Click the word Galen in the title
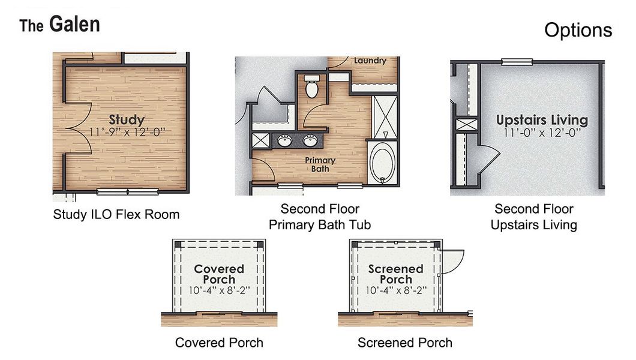74,24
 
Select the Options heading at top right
578,30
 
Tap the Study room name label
127,119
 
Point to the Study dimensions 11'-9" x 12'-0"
127,131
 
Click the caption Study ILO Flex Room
116,214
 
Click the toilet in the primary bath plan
311,88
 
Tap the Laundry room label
370,61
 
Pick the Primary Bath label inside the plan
320,164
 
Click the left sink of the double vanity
284,141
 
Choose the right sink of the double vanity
310,141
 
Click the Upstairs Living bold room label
542,119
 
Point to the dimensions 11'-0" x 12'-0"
542,132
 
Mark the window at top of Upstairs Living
517,61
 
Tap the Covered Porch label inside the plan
219,274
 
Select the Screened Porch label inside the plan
395,274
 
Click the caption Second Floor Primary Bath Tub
320,217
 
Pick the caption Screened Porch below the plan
404,343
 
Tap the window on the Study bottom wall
127,191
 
